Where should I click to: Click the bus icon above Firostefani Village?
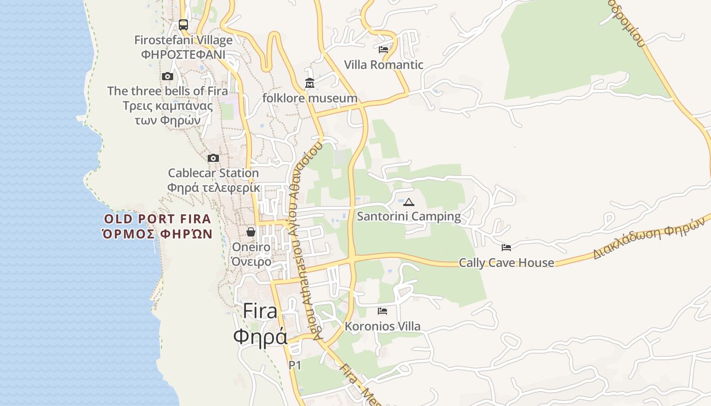pos(183,24)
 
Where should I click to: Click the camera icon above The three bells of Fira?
pos(168,77)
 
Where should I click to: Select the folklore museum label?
pos(310,98)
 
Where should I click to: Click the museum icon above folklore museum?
pos(310,83)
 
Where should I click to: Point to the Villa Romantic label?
pos(383,65)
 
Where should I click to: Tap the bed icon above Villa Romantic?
pos(383,50)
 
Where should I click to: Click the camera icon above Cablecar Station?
pos(213,158)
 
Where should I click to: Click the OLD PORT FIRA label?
pos(157,219)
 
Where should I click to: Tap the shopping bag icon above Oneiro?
pos(251,232)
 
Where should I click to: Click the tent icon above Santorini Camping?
pos(409,202)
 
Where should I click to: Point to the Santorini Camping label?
pos(409,217)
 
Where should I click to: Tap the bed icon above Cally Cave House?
pos(506,248)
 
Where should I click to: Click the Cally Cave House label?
pos(506,263)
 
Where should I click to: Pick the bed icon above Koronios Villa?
pos(382,311)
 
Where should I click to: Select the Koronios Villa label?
pos(382,326)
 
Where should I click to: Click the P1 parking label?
pos(295,365)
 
